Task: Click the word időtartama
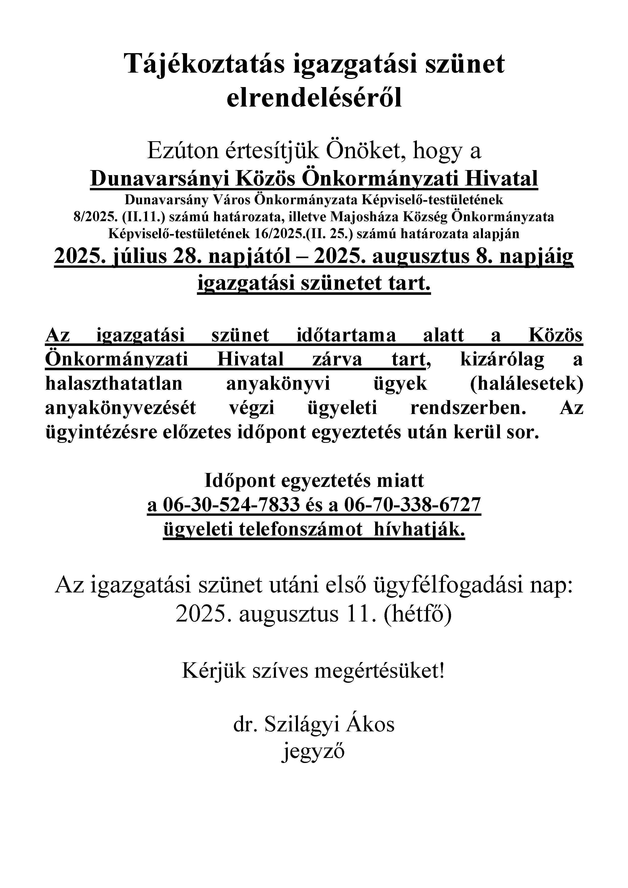point(346,335)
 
